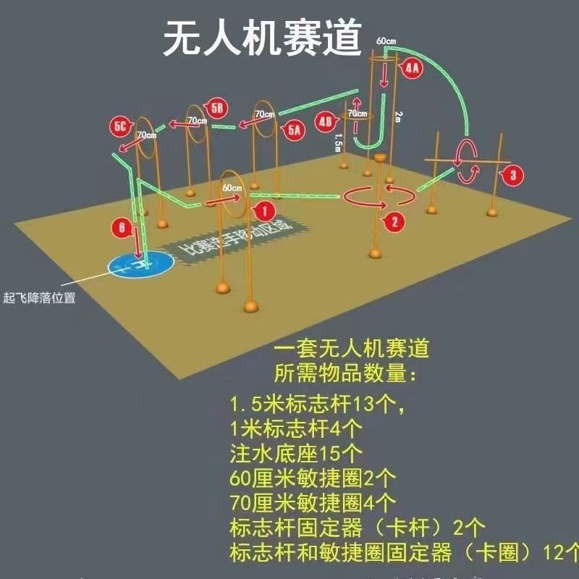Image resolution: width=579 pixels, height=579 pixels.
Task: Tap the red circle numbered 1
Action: (x=264, y=211)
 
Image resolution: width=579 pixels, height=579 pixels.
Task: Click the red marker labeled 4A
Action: (x=411, y=69)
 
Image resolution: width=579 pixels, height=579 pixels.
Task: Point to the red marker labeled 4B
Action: (x=326, y=121)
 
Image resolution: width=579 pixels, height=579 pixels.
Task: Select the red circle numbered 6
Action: (x=122, y=228)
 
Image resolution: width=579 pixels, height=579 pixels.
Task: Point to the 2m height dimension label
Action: (x=397, y=116)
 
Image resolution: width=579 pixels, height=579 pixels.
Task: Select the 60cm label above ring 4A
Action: (x=386, y=41)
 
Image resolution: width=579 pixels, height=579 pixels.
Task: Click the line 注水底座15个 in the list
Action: (x=297, y=454)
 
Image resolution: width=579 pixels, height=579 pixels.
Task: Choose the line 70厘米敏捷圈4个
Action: (x=313, y=501)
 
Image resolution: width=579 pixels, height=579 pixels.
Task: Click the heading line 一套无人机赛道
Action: (x=351, y=349)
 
